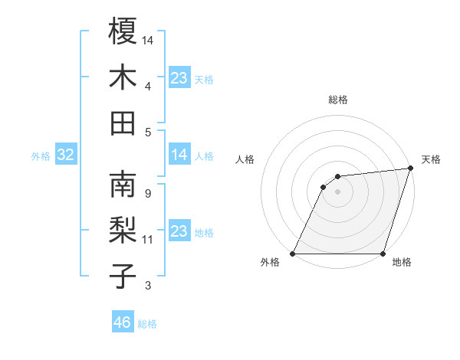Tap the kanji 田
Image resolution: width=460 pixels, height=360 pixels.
(123, 123)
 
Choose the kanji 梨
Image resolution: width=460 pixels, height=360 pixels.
(123, 231)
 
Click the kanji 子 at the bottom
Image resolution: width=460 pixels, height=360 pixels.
(123, 277)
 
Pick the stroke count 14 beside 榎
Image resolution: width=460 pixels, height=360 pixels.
(148, 39)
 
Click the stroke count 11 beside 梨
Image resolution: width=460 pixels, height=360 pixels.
(148, 240)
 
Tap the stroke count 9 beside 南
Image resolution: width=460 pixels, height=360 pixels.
(147, 193)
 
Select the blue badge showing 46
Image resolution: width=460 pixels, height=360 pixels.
(123, 322)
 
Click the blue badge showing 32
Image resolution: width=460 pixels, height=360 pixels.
(66, 155)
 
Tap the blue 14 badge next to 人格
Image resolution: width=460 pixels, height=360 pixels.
(179, 155)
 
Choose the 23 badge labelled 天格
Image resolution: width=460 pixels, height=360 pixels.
(179, 78)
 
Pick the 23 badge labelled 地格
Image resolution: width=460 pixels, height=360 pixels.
(179, 232)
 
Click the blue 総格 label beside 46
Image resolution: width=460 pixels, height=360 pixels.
(148, 324)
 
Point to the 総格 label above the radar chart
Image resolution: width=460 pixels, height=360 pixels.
(337, 100)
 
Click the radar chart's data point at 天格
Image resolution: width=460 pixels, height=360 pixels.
(410, 169)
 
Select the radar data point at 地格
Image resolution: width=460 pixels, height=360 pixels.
(383, 254)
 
